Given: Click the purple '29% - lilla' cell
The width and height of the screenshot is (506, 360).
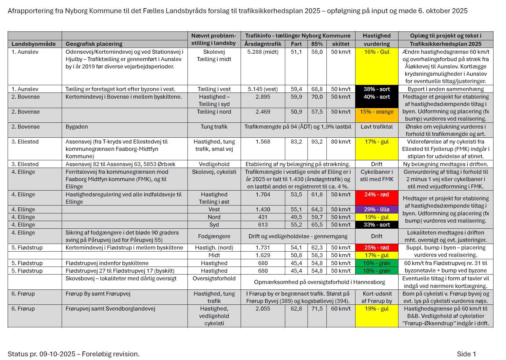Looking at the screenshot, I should point(377,209).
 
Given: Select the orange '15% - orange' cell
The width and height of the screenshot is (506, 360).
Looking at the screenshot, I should point(377,112).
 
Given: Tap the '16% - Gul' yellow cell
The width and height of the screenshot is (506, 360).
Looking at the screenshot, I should point(377,52).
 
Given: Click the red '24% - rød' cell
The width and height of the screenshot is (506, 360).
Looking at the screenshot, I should point(377,195).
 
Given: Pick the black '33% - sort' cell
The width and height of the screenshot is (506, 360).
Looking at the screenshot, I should point(377,225).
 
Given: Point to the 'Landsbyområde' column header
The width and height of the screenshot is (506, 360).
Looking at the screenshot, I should point(34,44).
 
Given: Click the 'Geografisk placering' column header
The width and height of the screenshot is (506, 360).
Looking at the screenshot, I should point(94,44).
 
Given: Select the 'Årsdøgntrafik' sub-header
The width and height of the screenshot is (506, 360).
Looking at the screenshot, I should point(263,44).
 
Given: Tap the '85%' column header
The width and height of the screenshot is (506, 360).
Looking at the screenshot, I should point(317,44).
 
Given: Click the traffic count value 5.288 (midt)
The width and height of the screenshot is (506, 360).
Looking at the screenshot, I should point(263,52).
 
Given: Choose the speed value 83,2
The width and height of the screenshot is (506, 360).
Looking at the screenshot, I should point(296,142).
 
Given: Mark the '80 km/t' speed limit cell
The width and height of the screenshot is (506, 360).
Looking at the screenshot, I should point(341,142).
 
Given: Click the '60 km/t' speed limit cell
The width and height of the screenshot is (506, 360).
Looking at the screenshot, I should point(341,309).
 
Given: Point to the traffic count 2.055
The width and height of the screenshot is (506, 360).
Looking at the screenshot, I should point(263,309).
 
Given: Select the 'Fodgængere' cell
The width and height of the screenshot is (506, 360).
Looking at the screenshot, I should point(214,236).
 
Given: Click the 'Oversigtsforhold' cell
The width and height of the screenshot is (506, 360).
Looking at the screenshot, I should point(214,278).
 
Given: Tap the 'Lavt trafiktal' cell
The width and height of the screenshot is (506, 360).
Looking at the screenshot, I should point(377,127).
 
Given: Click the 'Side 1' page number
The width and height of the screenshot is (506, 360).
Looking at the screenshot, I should point(466,354).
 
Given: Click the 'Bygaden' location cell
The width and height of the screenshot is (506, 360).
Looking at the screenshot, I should point(77,127).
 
